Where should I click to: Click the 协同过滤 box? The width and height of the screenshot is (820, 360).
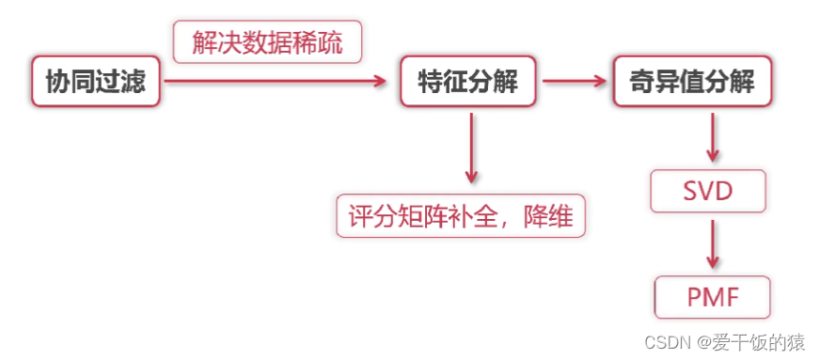click(96, 82)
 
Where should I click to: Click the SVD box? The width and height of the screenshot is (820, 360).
click(708, 193)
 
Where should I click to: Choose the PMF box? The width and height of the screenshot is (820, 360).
click(712, 299)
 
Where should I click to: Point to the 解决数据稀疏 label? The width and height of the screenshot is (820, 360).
click(267, 43)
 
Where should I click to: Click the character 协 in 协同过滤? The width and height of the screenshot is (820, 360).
click(58, 82)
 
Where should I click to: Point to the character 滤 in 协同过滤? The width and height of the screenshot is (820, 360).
click(134, 82)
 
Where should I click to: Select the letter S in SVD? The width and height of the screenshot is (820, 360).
click(688, 193)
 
